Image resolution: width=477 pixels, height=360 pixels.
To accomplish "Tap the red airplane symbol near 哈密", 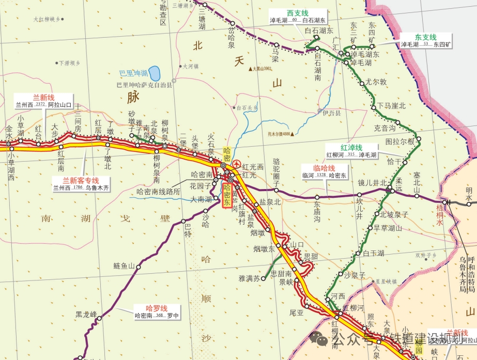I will click(237, 164).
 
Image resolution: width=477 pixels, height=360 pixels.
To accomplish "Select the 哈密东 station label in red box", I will click(227, 195).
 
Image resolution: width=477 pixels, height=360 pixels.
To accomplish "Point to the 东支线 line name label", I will click(426, 37).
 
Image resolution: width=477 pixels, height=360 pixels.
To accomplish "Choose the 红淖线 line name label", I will click(351, 147).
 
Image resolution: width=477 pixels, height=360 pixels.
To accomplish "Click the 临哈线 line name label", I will click(325, 168).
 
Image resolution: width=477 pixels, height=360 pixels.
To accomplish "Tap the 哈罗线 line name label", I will click(157, 308).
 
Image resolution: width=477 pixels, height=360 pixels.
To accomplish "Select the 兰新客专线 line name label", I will click(80, 180).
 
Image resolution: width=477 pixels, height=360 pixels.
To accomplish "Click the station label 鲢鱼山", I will click(124, 266).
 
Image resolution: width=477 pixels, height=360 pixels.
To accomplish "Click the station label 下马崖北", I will click(391, 106).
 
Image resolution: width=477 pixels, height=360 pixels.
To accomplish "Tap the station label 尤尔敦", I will click(376, 82).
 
